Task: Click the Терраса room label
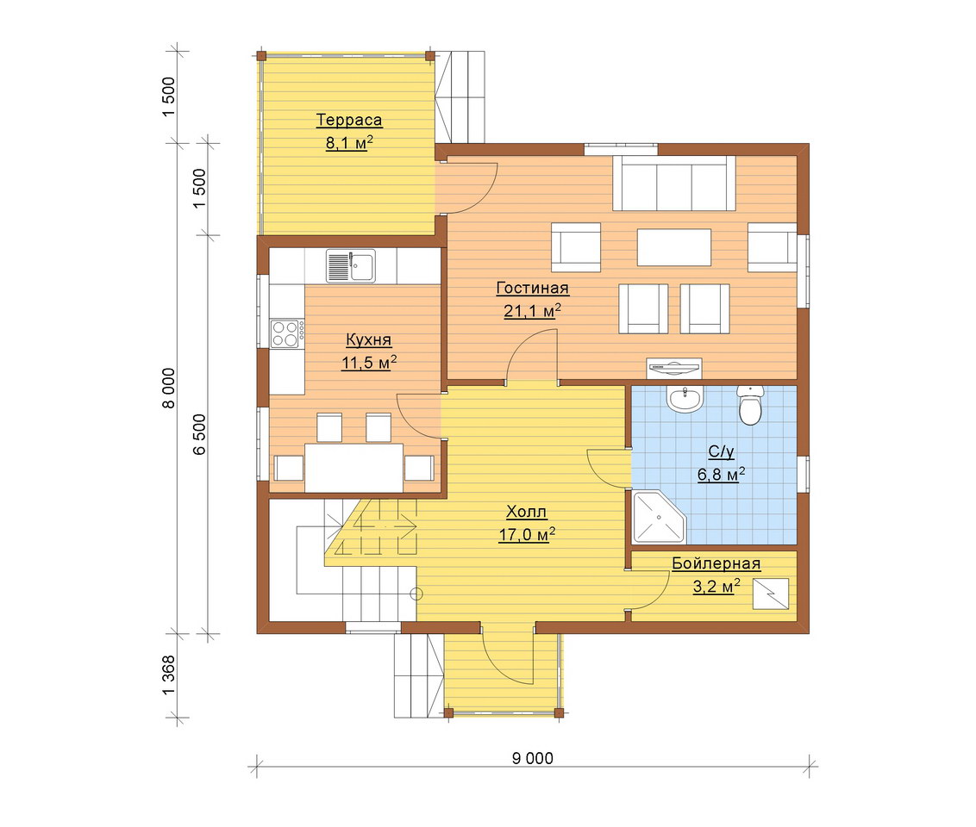point(348,120)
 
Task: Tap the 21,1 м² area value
point(532,310)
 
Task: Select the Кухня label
point(368,339)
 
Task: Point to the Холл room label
point(527,512)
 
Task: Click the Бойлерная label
point(716,563)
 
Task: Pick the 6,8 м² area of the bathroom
point(721,475)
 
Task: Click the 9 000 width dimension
point(532,758)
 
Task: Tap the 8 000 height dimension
point(169,389)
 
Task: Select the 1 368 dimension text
point(169,676)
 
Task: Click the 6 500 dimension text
point(198,434)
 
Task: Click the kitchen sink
point(350,265)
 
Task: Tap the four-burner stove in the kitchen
point(287,333)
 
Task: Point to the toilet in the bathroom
point(750,405)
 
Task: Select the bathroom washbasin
point(685,399)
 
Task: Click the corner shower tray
point(658,517)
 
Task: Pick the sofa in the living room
point(674,183)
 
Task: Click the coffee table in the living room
point(674,247)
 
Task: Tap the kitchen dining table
point(353,468)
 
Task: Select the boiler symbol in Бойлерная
point(771,594)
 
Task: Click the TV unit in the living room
point(674,368)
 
